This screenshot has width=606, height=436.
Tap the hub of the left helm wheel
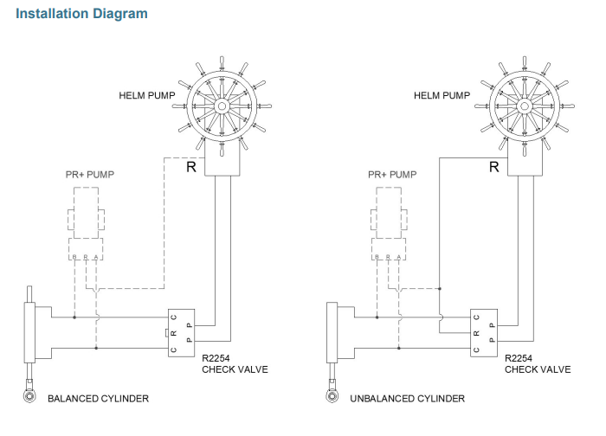point(222,106)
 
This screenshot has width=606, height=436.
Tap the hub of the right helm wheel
point(522,106)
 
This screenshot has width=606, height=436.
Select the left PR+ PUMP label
point(90,174)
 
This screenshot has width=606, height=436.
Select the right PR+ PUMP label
point(392,174)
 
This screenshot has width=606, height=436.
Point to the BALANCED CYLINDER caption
point(98,399)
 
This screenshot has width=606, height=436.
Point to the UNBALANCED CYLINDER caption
point(407,399)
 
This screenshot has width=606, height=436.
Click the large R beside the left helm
point(190,167)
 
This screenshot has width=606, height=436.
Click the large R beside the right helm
point(493,167)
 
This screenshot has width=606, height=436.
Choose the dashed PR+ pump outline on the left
point(87,213)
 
